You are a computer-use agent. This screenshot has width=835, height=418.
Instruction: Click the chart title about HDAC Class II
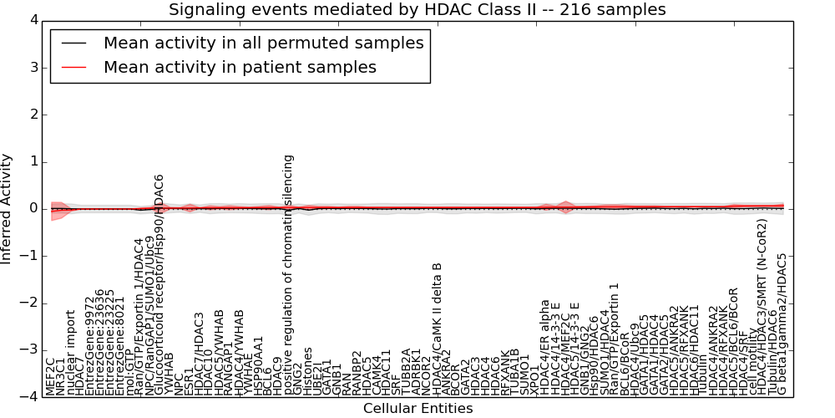point(417,10)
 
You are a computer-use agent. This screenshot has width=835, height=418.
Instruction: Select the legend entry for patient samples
point(240,67)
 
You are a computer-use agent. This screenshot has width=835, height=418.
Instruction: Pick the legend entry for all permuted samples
point(263,43)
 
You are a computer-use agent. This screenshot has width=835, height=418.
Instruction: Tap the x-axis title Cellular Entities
point(417,409)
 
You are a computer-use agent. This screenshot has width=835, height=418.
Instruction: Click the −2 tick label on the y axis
point(28,303)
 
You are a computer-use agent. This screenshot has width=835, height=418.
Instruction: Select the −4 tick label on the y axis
point(28,397)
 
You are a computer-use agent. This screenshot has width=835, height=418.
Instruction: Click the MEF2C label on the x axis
point(50,376)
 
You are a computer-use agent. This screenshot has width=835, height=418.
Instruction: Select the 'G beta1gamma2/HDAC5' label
point(782,324)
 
